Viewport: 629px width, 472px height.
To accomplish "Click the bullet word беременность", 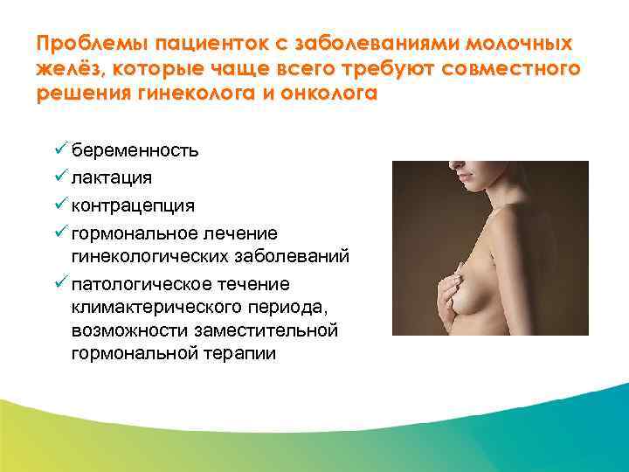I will point(135,149).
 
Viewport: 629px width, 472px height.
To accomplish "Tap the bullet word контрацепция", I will point(134,206).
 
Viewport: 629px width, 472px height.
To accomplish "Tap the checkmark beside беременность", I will point(60,149).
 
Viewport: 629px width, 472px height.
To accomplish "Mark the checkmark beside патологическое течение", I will point(60,284).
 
